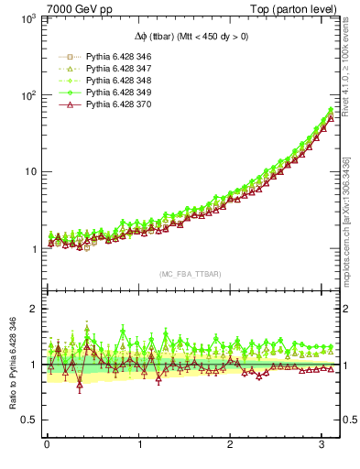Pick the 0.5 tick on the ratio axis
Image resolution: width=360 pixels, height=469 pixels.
point(27,420)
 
